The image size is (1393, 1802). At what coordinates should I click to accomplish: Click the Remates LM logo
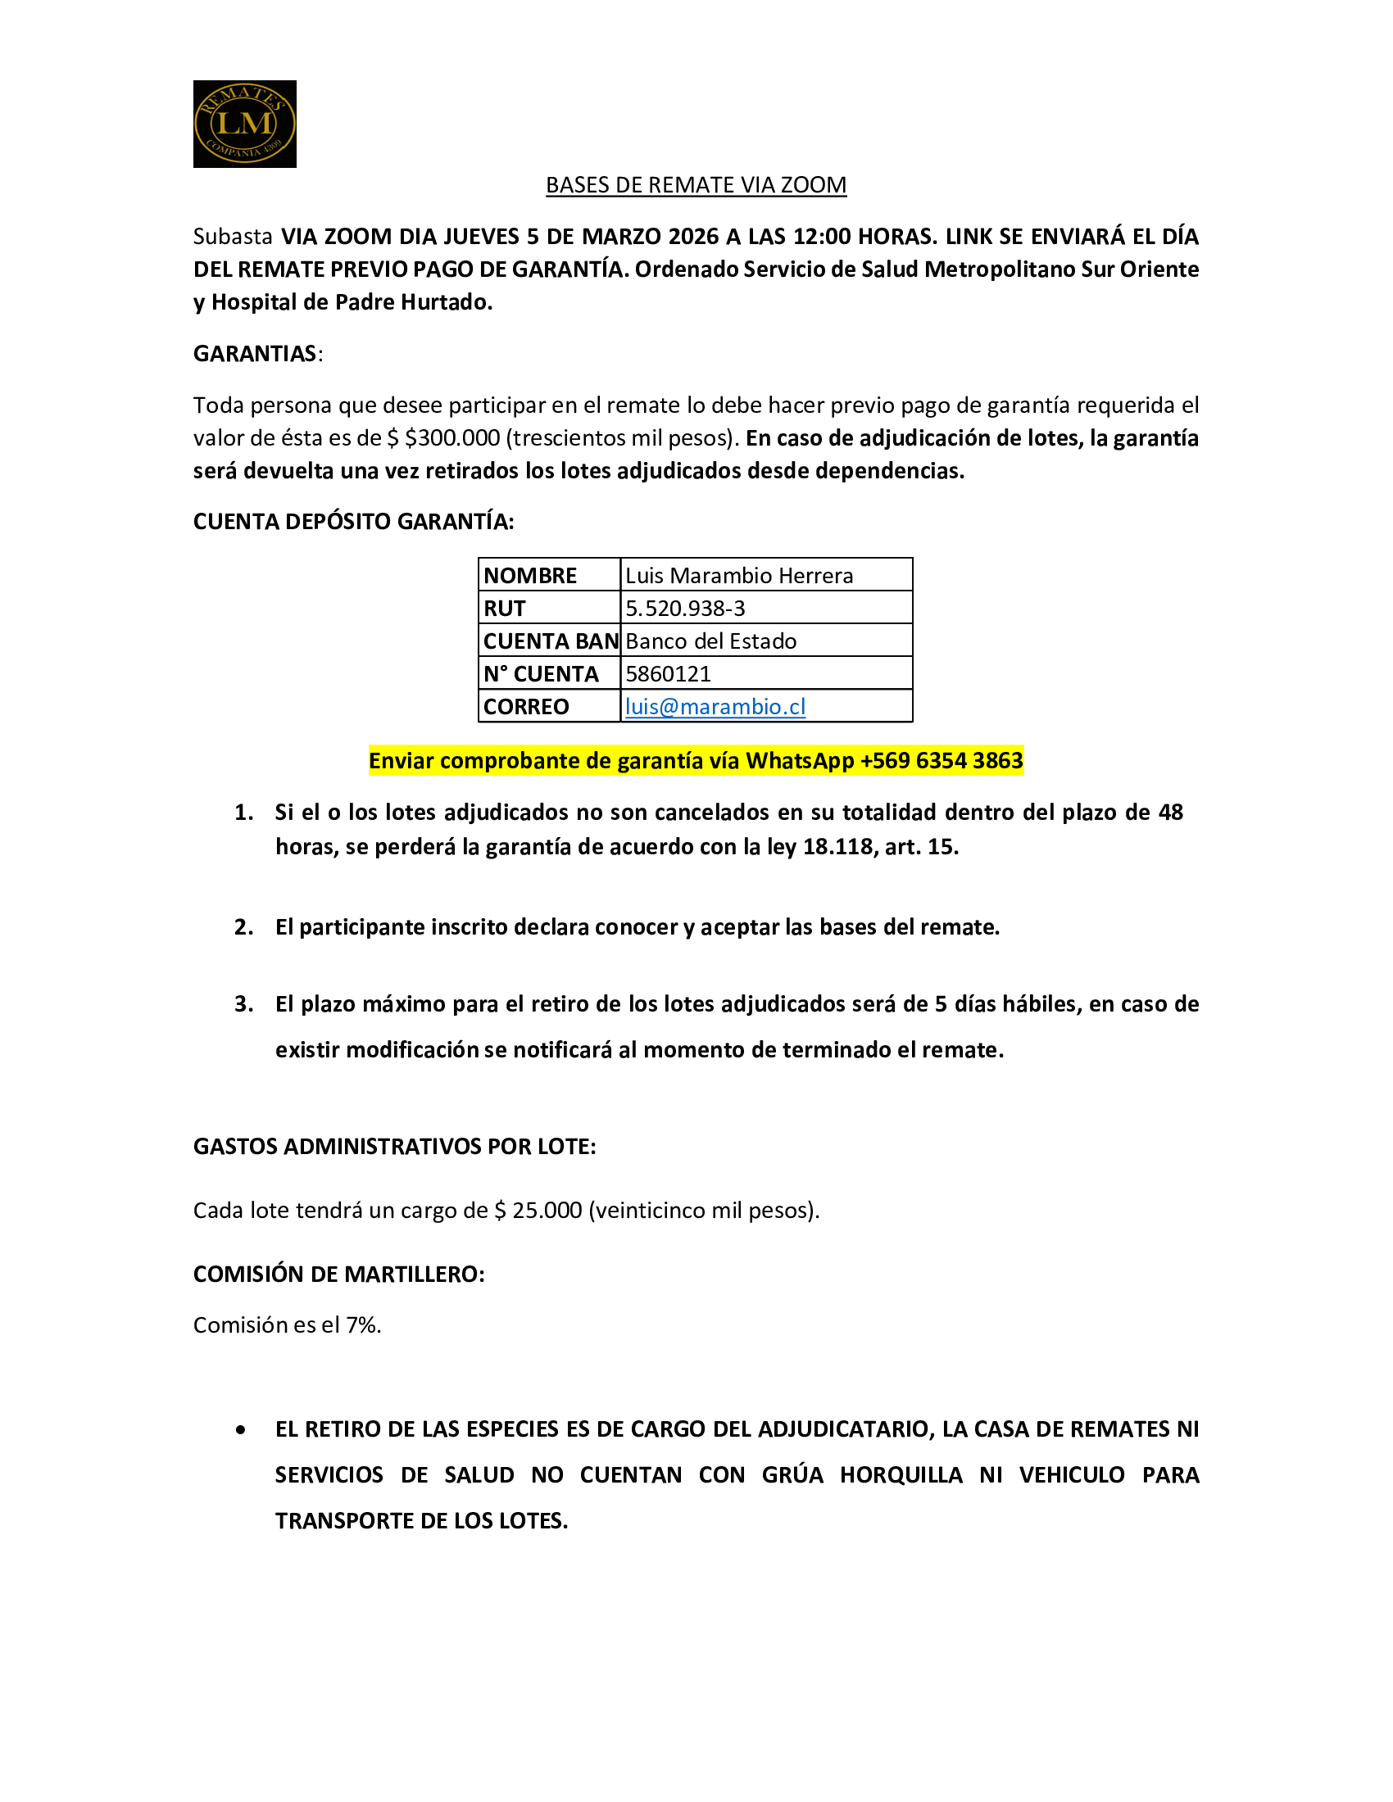pyautogui.click(x=244, y=124)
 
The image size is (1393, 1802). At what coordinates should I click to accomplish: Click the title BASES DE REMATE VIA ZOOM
pyautogui.click(x=696, y=185)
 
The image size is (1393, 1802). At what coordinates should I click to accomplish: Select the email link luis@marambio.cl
pyautogui.click(x=715, y=707)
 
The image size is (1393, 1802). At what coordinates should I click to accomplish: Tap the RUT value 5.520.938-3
pyautogui.click(x=685, y=608)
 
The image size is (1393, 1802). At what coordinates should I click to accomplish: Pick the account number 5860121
pyautogui.click(x=668, y=674)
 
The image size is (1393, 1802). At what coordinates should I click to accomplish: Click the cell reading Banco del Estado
pyautogui.click(x=710, y=641)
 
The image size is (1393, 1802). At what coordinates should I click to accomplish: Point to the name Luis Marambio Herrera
pyautogui.click(x=738, y=575)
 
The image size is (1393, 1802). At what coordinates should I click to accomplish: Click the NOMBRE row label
pyautogui.click(x=530, y=575)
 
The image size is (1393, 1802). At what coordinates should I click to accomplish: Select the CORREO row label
pyautogui.click(x=526, y=707)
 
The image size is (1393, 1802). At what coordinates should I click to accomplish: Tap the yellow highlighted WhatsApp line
pyautogui.click(x=696, y=760)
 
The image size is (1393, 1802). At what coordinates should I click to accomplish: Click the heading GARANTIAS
pyautogui.click(x=255, y=354)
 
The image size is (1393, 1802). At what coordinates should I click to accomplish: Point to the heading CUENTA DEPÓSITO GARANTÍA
pyautogui.click(x=353, y=522)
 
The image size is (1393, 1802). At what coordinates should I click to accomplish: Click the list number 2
pyautogui.click(x=243, y=927)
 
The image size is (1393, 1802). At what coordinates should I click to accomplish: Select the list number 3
pyautogui.click(x=243, y=1004)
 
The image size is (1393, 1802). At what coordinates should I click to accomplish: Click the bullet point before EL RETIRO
pyautogui.click(x=240, y=1430)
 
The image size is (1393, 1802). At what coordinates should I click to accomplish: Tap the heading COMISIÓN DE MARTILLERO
pyautogui.click(x=338, y=1274)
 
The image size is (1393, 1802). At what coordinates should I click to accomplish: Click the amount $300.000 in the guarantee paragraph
pyautogui.click(x=452, y=438)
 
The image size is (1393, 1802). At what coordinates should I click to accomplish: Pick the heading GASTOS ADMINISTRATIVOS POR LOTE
pyautogui.click(x=394, y=1147)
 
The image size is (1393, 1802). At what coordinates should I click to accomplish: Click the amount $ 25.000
pyautogui.click(x=538, y=1211)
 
